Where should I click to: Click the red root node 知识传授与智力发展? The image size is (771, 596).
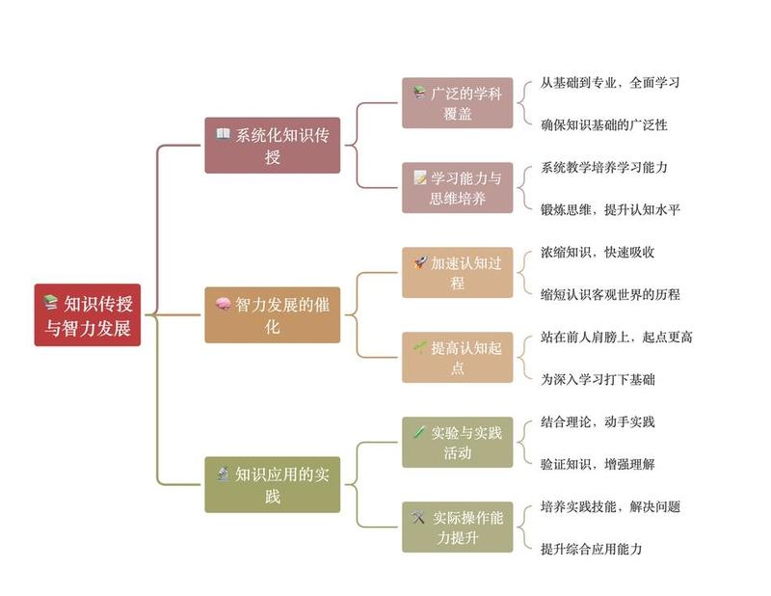[x=88, y=315]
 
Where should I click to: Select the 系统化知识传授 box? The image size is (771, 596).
[x=273, y=146]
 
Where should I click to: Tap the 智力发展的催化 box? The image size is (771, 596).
[x=273, y=315]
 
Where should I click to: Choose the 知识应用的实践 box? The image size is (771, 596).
[x=273, y=485]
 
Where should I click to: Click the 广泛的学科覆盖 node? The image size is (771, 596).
[x=457, y=103]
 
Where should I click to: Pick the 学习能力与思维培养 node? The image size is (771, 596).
[x=457, y=188]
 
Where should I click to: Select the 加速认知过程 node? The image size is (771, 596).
[x=457, y=273]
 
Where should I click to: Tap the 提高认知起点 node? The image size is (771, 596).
[x=457, y=358]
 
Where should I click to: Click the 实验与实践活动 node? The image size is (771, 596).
[x=457, y=443]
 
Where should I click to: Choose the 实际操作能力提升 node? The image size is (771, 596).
[x=457, y=528]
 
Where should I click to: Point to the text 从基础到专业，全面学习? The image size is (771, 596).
[x=610, y=83]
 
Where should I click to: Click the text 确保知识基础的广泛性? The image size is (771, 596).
[x=604, y=125]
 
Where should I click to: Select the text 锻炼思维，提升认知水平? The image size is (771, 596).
[x=610, y=210]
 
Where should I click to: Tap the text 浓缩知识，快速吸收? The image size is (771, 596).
[x=598, y=253]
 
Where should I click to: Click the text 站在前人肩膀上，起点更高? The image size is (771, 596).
[x=616, y=338]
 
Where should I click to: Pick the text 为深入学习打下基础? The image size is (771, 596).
[x=598, y=380]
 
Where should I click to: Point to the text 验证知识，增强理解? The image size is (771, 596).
[x=598, y=465]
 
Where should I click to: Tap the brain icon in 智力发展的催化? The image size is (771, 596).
[x=223, y=305]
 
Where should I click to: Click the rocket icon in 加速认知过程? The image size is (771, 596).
[x=419, y=262]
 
